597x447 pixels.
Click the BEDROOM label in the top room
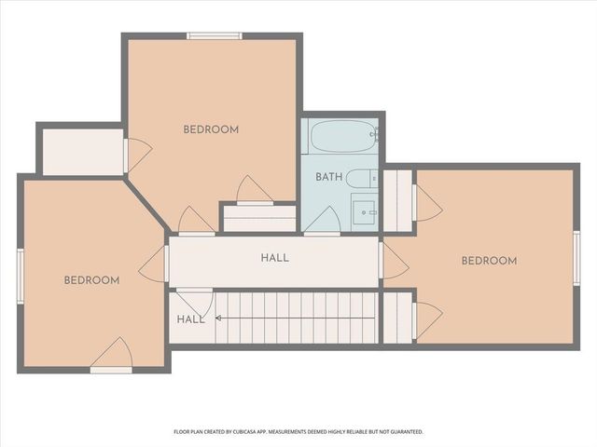tap(211, 129)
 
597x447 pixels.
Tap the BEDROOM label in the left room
tap(91, 280)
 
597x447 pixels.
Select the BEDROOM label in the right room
tap(489, 261)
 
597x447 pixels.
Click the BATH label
tap(328, 177)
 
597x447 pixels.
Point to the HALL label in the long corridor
tap(274, 258)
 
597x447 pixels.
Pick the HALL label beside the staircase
tap(190, 319)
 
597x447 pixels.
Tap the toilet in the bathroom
tap(362, 178)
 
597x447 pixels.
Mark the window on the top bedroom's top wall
tap(215, 36)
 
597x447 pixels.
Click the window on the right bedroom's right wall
tap(576, 258)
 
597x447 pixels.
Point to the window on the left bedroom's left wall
tap(20, 276)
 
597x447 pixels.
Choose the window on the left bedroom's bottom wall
tap(110, 370)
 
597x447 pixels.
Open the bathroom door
tap(322, 221)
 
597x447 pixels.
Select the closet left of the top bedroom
tap(82, 152)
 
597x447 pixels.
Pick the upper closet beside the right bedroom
tap(398, 200)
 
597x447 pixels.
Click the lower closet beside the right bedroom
tap(398, 318)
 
